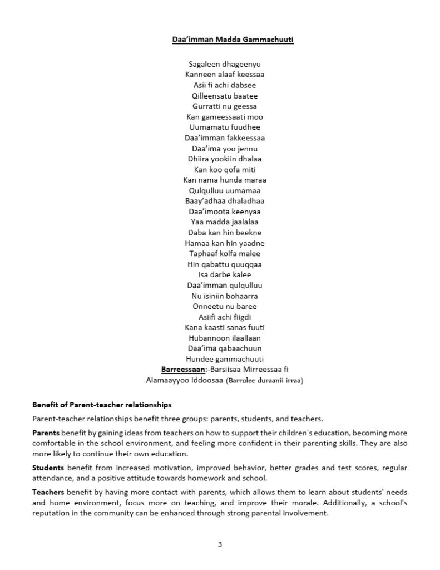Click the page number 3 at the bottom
[220, 544]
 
